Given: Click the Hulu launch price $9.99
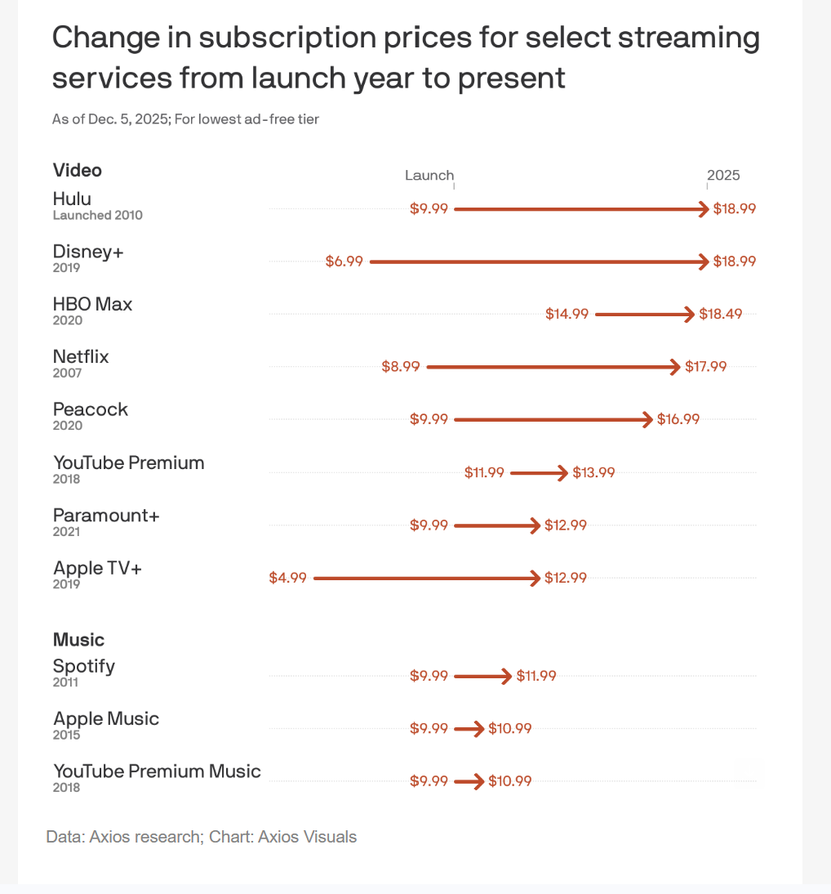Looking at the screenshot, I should (x=429, y=209).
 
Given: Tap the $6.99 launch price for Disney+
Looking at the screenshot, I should (x=344, y=261).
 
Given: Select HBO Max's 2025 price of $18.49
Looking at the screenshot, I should (x=721, y=314).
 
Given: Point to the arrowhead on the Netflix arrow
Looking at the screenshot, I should (x=674, y=367).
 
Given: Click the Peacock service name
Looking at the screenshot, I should (x=91, y=409).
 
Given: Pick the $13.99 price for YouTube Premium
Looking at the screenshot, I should (x=593, y=472).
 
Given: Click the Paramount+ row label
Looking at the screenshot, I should (x=106, y=516).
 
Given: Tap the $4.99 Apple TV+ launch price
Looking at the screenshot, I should (x=287, y=578).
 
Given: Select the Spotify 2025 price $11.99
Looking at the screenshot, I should (x=536, y=676).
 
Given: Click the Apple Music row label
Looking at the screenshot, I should (x=106, y=719).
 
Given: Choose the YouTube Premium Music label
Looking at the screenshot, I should (x=157, y=771).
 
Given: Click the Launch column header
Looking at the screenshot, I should (x=429, y=176).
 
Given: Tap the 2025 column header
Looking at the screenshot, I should (x=723, y=176).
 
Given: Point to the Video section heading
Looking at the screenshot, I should (x=78, y=170).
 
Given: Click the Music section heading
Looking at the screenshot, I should (x=79, y=640).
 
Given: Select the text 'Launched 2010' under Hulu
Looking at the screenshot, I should (x=97, y=216).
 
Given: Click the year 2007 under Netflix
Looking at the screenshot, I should (x=68, y=373).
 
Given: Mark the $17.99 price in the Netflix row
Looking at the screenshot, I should (x=705, y=367).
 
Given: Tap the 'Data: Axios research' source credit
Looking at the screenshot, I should (x=123, y=837).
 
